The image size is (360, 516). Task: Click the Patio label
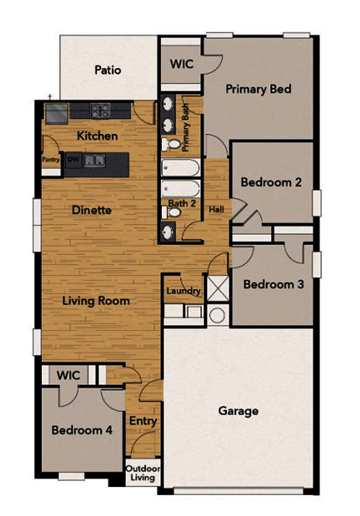click(107, 71)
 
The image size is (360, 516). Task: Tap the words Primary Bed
click(258, 90)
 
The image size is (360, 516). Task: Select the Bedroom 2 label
click(271, 182)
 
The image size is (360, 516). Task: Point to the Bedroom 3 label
click(273, 284)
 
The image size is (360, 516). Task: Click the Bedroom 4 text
click(82, 429)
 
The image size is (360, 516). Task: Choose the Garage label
click(239, 411)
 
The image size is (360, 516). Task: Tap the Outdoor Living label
click(142, 474)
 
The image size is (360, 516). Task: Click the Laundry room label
click(183, 291)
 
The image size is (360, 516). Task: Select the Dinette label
click(92, 210)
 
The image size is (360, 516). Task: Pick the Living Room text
click(95, 300)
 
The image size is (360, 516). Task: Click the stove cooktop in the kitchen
click(100, 111)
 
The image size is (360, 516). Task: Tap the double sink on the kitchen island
click(93, 160)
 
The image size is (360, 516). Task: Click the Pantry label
click(51, 160)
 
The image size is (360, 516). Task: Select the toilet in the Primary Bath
click(171, 144)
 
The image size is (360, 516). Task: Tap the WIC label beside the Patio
click(181, 64)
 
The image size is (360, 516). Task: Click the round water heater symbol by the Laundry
click(216, 316)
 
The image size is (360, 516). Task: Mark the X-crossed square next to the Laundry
click(218, 286)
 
